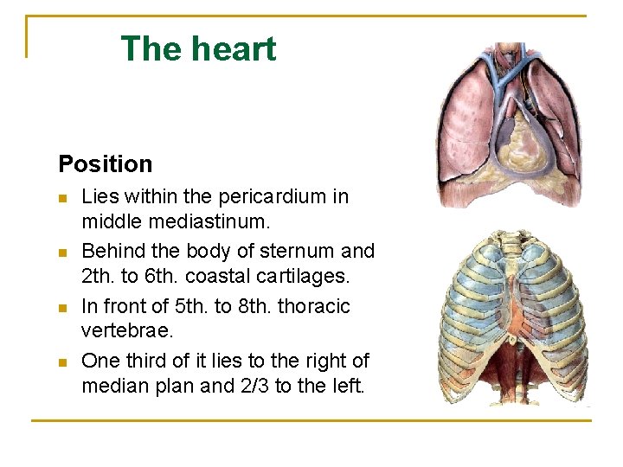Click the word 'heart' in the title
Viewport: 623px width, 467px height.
236,49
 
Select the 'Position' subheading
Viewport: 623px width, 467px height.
105,163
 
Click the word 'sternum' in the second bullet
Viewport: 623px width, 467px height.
293,252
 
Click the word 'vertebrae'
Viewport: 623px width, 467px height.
122,331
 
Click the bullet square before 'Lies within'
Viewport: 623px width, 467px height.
63,198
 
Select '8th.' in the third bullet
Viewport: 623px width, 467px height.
247,307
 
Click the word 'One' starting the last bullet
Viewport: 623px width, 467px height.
100,361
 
